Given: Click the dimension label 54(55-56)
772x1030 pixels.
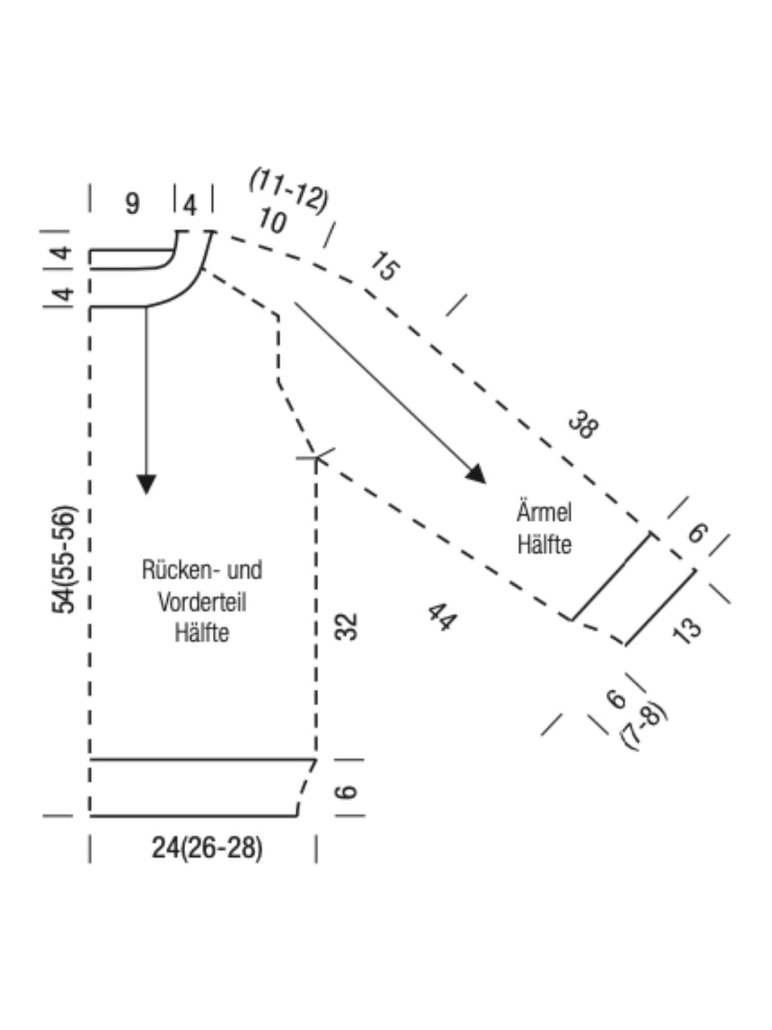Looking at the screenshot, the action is [64, 560].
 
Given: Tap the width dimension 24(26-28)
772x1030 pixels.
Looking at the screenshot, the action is [207, 848].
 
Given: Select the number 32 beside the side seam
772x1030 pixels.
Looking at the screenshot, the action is [346, 627].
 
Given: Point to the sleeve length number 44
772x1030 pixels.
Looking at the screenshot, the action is [441, 617].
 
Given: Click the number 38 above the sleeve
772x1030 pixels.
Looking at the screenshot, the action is [583, 425].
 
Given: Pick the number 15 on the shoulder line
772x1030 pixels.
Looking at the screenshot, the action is [385, 266].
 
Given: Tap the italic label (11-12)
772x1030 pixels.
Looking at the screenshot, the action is [289, 192].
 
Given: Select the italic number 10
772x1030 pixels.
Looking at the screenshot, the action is [272, 220].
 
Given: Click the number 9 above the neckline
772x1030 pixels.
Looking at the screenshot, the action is [133, 204].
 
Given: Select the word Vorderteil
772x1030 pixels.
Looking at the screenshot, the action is [202, 602].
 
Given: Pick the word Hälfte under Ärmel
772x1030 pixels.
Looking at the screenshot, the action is [544, 544].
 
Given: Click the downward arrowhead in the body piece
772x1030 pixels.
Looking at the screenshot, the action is [147, 484].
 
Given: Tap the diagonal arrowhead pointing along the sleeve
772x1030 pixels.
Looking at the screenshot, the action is [477, 474].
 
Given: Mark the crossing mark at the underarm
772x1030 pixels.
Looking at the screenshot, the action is [316, 458].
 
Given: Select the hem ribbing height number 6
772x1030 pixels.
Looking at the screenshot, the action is [346, 792].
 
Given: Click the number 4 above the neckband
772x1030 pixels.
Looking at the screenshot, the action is [189, 205].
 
